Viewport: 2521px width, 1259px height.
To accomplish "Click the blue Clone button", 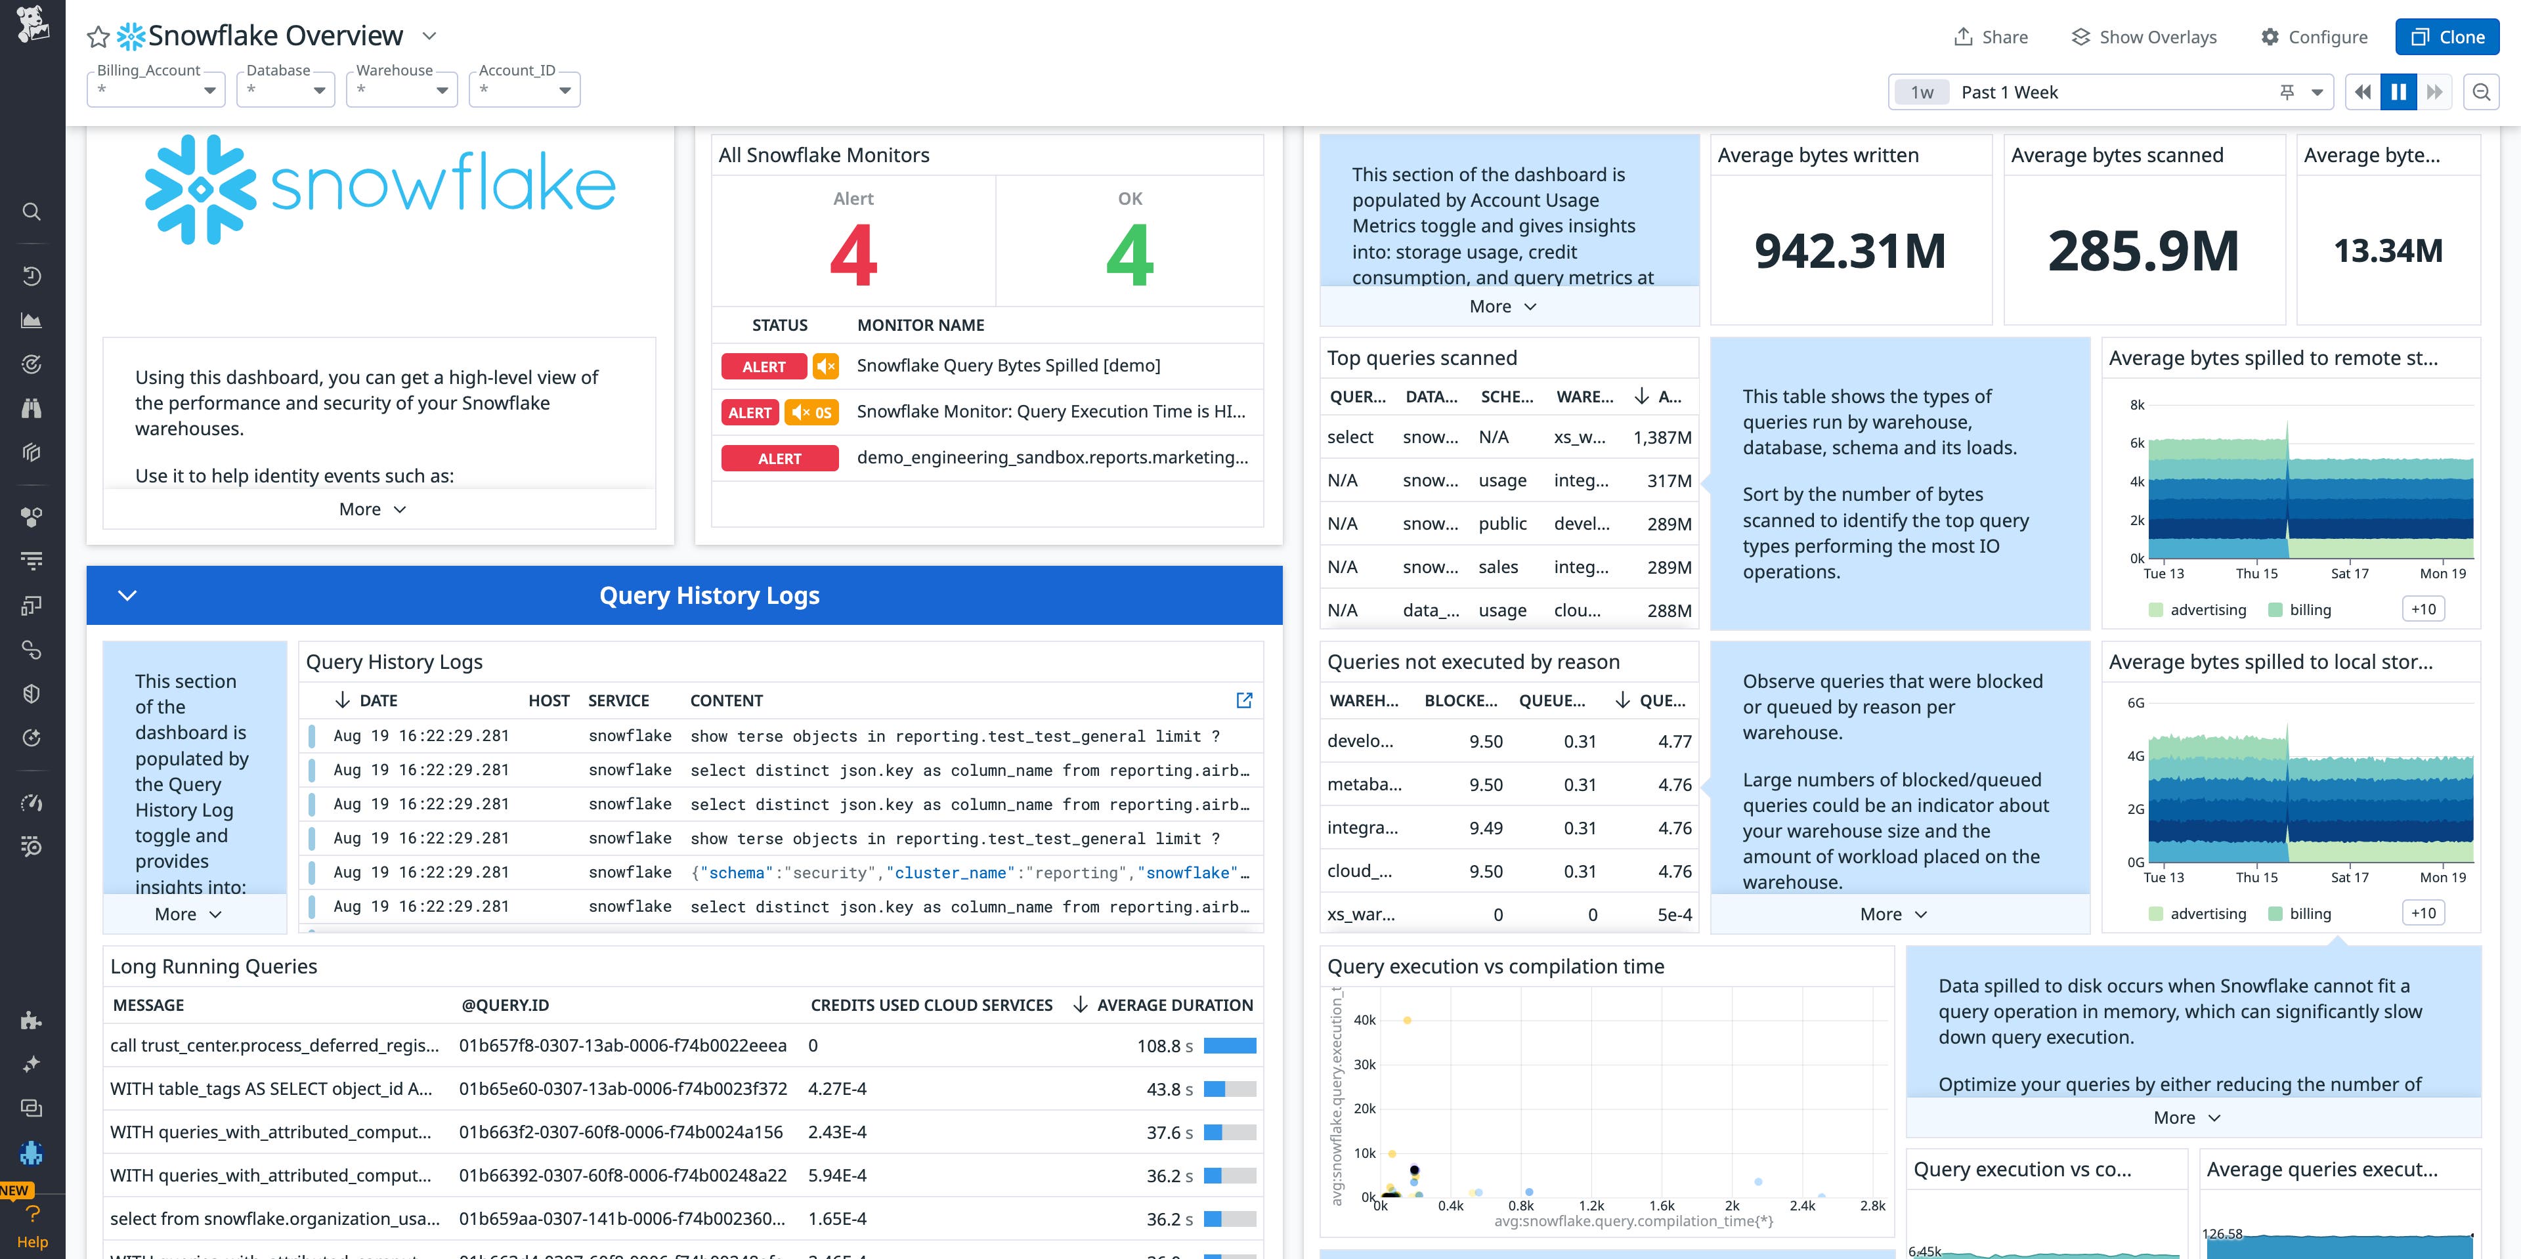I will pyautogui.click(x=2447, y=37).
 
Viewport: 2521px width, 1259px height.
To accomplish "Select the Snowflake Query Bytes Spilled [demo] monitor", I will pyautogui.click(x=1008, y=366).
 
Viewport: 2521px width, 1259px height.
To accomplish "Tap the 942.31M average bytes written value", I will pyautogui.click(x=1849, y=251).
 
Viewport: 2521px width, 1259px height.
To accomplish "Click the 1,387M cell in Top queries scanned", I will pyautogui.click(x=1662, y=437).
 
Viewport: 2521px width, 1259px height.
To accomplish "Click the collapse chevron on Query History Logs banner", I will pyautogui.click(x=127, y=595).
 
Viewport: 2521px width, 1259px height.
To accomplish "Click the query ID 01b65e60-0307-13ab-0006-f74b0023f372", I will pyautogui.click(x=622, y=1089).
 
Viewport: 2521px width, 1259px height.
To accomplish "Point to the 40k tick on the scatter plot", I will pyautogui.click(x=1364, y=1019).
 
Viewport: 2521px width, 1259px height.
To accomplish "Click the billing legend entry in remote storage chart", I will pyautogui.click(x=2310, y=609).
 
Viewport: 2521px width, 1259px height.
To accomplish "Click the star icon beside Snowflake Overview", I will pyautogui.click(x=98, y=37).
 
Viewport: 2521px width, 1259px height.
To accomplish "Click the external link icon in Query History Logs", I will pyautogui.click(x=1244, y=700).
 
